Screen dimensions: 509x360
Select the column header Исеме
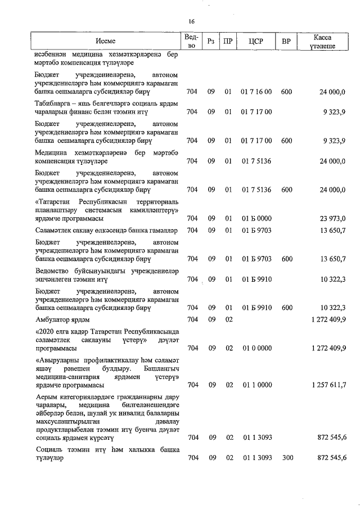click(x=105, y=42)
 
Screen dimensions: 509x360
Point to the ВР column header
click(x=286, y=42)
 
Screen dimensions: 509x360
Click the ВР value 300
click(x=287, y=458)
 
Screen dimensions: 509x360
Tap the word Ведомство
click(x=55, y=271)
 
